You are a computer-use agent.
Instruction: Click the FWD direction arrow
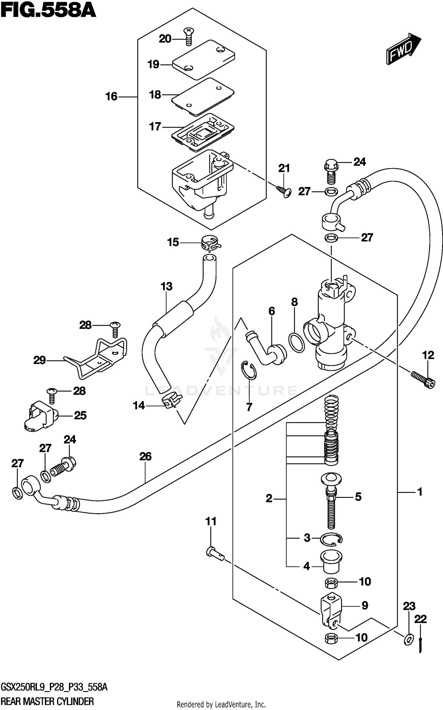403,49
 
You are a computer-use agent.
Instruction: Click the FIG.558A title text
48,11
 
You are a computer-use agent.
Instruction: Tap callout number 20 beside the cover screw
165,39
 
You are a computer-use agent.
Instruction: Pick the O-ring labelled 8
297,343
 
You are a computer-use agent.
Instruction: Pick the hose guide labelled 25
40,416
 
